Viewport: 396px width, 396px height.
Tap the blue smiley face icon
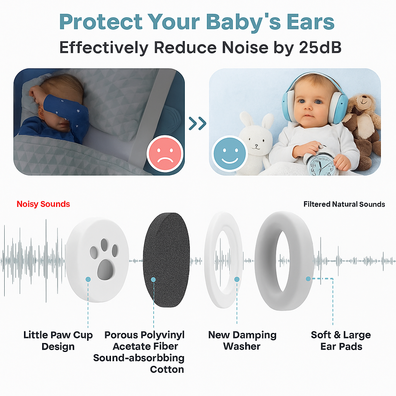230,154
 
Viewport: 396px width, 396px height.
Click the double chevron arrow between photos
198,123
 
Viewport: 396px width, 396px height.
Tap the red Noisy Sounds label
43,204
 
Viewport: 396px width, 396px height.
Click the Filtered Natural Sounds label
344,204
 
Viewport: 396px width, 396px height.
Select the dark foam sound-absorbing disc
166,260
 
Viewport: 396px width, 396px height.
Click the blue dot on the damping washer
237,279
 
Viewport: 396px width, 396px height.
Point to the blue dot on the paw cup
88,279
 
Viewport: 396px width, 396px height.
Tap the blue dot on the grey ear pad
308,279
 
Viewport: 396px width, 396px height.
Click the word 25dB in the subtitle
320,48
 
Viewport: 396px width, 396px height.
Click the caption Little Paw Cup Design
58,340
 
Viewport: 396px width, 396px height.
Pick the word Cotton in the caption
167,369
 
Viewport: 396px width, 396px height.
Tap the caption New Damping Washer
242,340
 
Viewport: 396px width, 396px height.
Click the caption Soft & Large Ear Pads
341,340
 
